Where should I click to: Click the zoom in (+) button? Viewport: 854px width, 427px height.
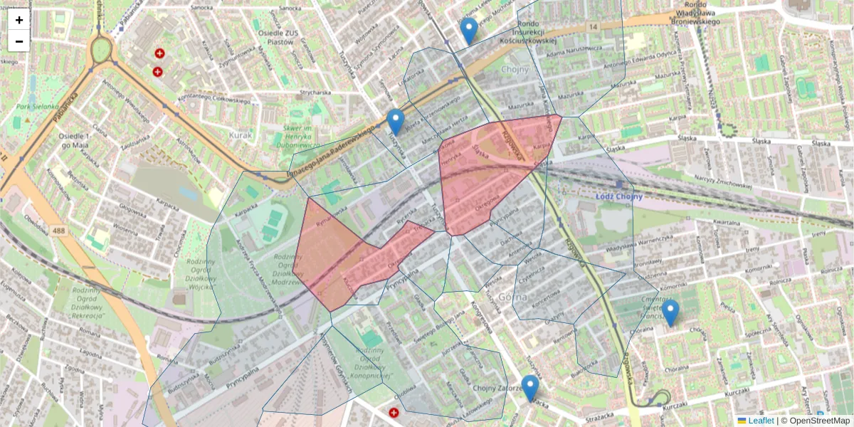coord(19,20)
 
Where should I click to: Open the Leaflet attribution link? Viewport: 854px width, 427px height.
coord(760,421)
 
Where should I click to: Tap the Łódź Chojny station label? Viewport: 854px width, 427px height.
coord(618,197)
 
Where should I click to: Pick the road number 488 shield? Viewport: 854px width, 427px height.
coord(58,231)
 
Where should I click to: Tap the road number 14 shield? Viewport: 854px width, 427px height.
coord(592,26)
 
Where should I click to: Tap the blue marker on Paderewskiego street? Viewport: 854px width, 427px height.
coord(396,122)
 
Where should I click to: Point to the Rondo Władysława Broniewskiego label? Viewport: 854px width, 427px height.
coord(696,12)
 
